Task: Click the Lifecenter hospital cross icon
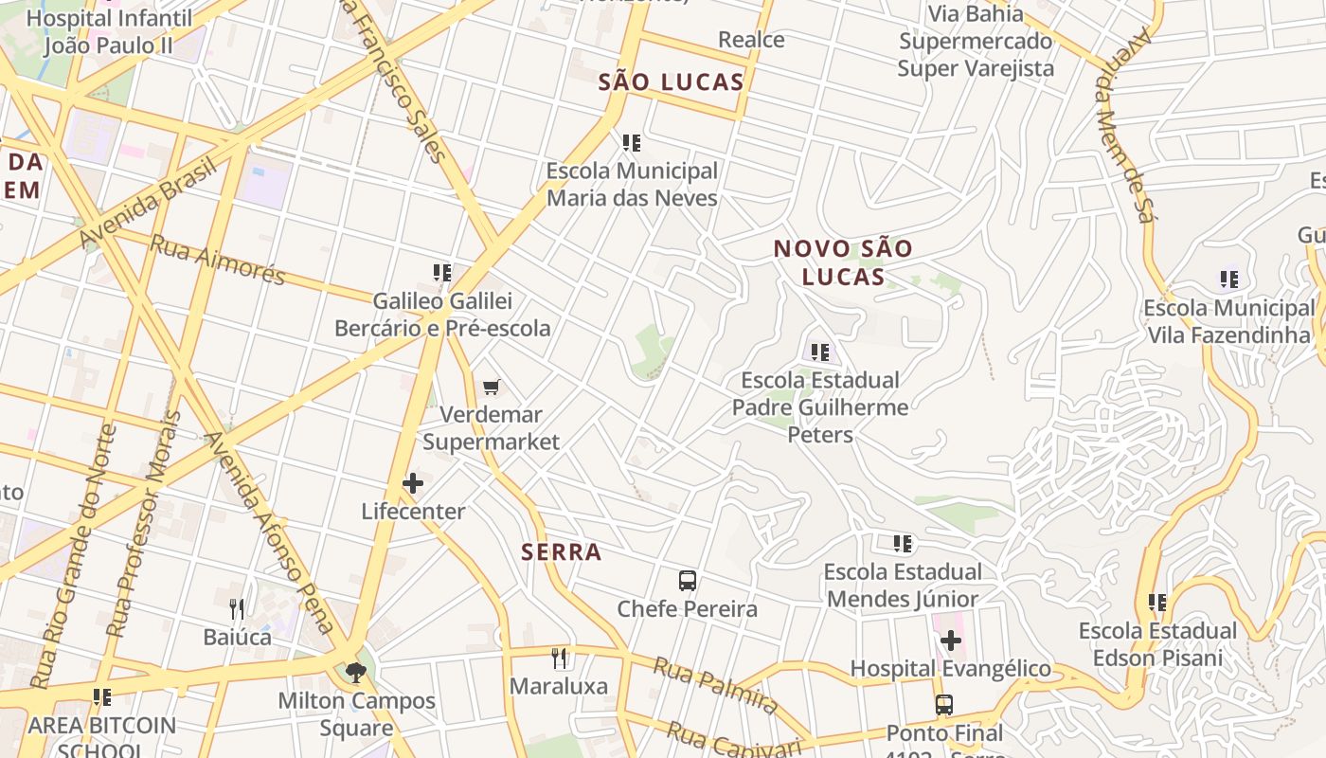click(x=413, y=483)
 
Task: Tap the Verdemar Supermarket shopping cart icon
click(x=491, y=387)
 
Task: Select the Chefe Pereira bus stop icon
click(x=688, y=581)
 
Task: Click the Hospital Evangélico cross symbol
click(x=950, y=641)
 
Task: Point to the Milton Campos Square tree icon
click(x=356, y=673)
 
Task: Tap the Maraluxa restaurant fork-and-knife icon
click(x=560, y=658)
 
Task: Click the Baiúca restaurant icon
click(x=237, y=608)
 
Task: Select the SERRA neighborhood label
click(x=562, y=552)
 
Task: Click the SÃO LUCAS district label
click(x=672, y=82)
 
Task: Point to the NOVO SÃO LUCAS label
click(x=843, y=262)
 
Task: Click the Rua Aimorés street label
click(x=218, y=260)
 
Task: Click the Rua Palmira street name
click(x=716, y=685)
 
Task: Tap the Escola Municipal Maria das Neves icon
click(x=632, y=143)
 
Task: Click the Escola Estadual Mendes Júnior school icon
click(x=903, y=544)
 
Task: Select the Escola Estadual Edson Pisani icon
click(x=1157, y=603)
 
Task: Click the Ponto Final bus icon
click(x=944, y=705)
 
